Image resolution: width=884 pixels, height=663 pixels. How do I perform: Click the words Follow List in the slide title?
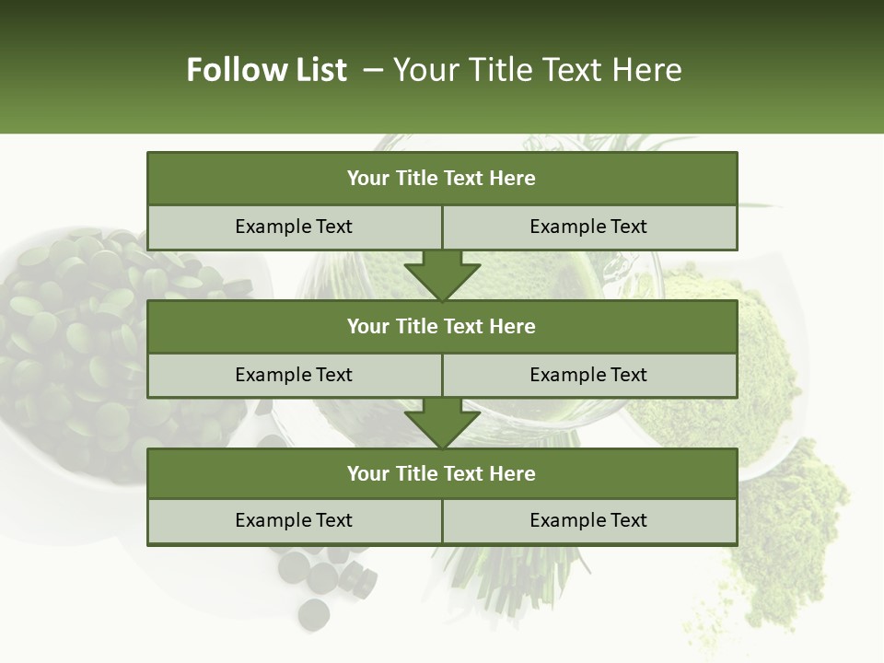click(267, 70)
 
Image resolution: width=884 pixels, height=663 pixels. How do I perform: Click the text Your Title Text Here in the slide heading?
click(538, 70)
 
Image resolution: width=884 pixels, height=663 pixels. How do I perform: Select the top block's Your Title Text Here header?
click(441, 179)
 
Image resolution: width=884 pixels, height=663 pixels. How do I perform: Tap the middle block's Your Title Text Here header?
click(441, 326)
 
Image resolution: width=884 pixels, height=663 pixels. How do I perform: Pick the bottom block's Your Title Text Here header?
click(441, 473)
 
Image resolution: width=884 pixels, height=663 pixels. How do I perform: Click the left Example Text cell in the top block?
click(294, 227)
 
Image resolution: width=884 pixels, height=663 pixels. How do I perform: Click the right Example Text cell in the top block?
click(588, 227)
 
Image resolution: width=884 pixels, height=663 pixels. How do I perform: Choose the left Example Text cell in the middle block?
click(294, 375)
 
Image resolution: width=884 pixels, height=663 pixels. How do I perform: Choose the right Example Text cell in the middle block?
click(588, 375)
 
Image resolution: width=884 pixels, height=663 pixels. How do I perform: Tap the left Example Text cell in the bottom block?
click(294, 520)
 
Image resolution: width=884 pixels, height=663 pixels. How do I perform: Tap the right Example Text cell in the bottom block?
click(588, 520)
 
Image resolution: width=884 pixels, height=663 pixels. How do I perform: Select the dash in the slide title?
click(374, 70)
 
